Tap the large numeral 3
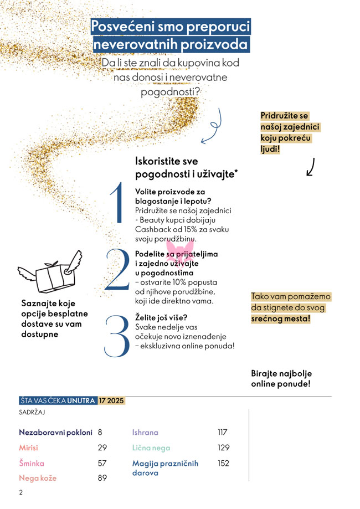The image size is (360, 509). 117,336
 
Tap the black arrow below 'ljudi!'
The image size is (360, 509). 311,167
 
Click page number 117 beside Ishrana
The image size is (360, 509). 223,433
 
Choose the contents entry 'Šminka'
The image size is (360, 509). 31,463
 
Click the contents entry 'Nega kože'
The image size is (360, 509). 38,478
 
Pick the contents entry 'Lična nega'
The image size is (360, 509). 151,448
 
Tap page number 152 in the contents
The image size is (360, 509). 223,463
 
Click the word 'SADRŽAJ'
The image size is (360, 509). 32,413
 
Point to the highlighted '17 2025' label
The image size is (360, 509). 112,400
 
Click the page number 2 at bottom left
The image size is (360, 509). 20,492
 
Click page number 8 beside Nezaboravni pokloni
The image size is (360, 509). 100,433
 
